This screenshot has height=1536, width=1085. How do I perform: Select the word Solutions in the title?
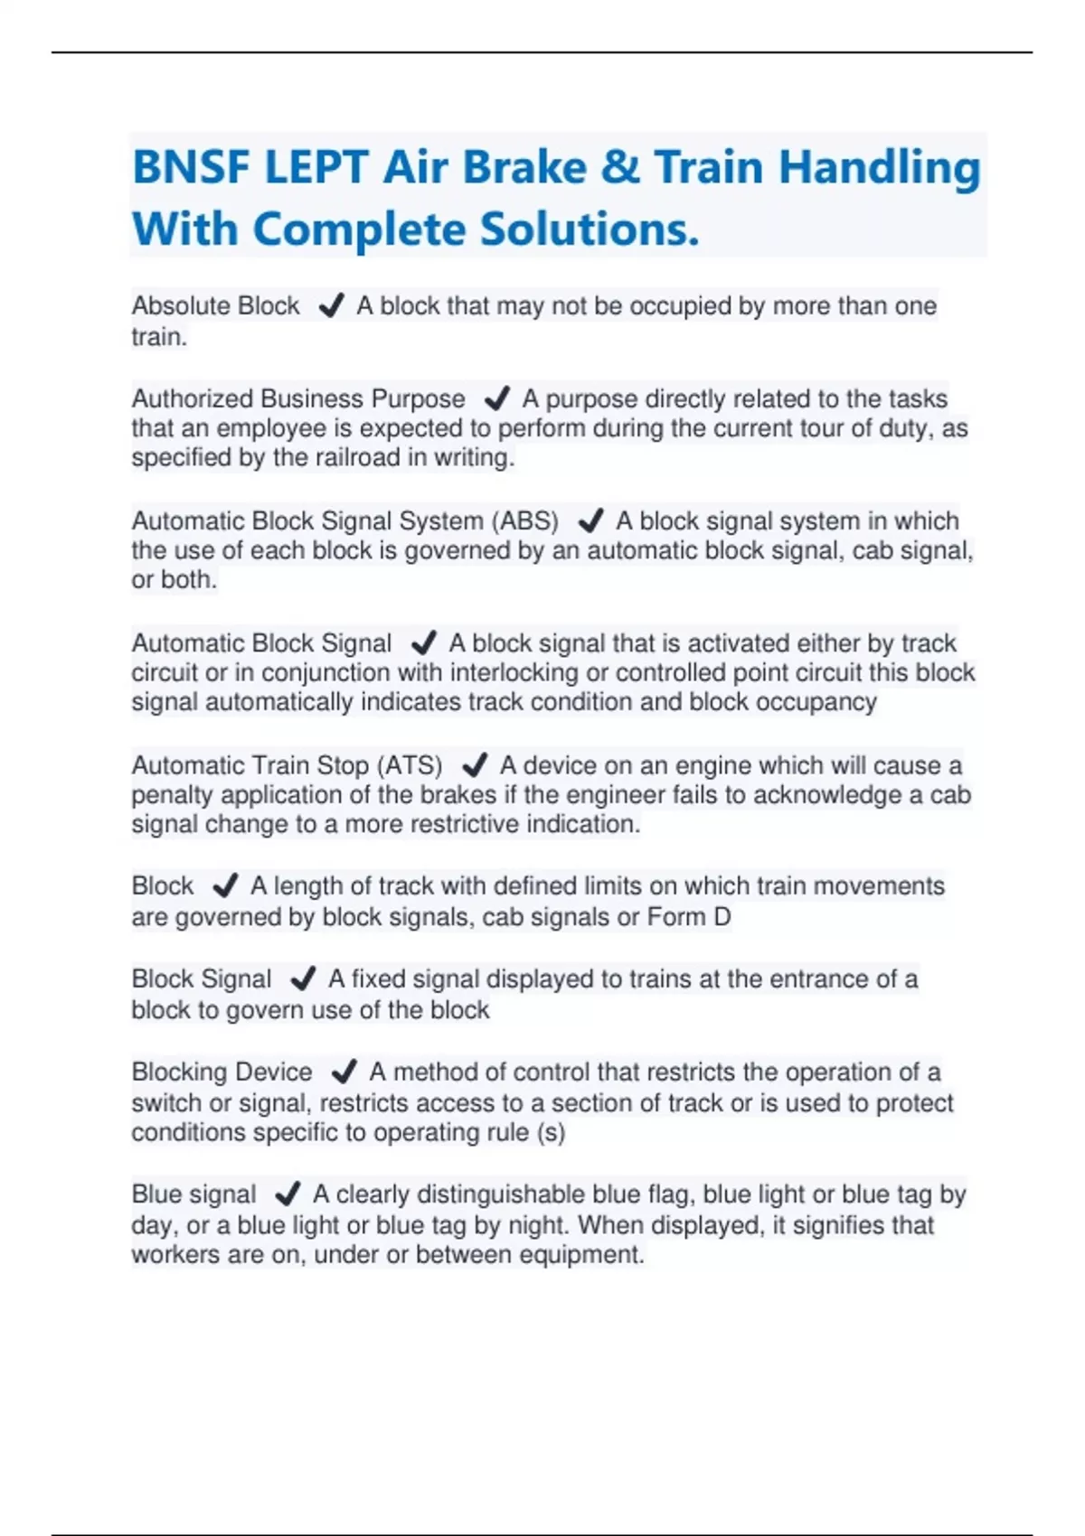click(x=589, y=229)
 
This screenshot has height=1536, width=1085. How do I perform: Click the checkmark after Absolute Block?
click(x=331, y=306)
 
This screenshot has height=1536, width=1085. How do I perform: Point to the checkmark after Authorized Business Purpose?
click(x=496, y=398)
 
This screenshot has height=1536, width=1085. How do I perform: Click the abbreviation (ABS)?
click(x=525, y=521)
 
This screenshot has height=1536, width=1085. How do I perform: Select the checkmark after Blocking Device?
click(x=344, y=1072)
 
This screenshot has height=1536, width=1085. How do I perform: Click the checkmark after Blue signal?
click(x=287, y=1194)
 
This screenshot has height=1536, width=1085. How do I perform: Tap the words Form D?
click(x=689, y=917)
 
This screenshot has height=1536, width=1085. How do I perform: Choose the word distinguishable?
click(x=461, y=1194)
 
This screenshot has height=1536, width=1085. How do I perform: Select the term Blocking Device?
click(x=222, y=1072)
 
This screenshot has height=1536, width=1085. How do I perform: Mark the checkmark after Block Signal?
click(x=303, y=979)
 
